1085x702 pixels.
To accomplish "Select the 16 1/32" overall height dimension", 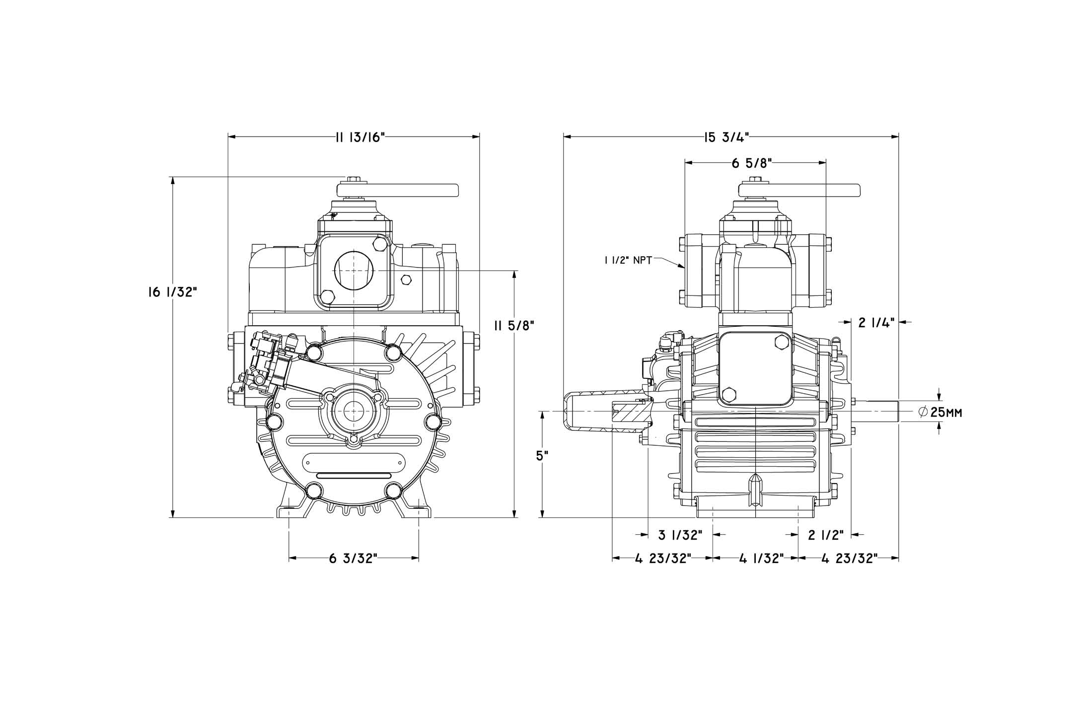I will click(172, 292).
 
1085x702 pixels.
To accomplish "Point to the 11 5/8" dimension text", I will click(514, 326).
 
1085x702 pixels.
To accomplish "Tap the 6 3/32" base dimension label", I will click(354, 559).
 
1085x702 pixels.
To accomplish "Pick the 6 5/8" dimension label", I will click(751, 164).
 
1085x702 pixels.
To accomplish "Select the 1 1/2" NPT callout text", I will click(628, 260).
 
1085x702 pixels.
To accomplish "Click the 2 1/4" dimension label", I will click(876, 323).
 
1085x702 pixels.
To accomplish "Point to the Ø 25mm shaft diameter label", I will click(940, 413).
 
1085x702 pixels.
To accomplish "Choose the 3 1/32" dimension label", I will click(680, 535).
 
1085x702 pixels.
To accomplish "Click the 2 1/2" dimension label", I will click(826, 535).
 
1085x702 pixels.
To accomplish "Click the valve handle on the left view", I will click(397, 190).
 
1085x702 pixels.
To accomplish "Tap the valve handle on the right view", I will click(799, 190).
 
